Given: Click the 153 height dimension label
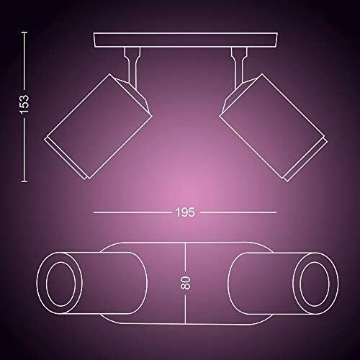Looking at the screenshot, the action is click(24, 104).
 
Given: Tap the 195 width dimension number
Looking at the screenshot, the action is click(185, 212).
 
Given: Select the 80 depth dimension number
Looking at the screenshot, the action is click(185, 282).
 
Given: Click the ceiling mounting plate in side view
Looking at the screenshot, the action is click(186, 40).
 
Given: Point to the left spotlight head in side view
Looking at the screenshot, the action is click(99, 126).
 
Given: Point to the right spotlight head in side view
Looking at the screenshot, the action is click(274, 127).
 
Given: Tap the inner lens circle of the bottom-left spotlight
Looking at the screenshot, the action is click(60, 284).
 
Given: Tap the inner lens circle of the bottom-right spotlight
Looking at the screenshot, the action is click(315, 284).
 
